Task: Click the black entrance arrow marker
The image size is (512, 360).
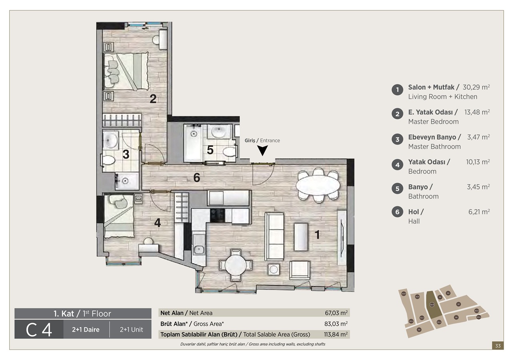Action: click(x=262, y=150)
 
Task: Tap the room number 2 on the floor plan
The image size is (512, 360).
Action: click(x=153, y=99)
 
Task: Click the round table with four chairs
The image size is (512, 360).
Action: click(x=236, y=265)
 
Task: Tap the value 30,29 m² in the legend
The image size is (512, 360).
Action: click(x=476, y=87)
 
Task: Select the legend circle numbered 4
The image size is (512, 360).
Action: click(x=397, y=164)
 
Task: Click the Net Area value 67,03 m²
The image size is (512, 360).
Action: click(x=336, y=313)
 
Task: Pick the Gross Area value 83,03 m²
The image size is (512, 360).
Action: click(x=336, y=324)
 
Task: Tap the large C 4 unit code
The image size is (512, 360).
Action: click(x=39, y=330)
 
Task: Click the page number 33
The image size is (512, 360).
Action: click(x=498, y=346)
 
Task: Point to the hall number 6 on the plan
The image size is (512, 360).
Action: click(x=196, y=178)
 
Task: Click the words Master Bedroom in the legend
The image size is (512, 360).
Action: click(x=433, y=122)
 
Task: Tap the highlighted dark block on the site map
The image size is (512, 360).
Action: click(x=432, y=305)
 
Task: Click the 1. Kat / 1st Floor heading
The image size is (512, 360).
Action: click(x=82, y=314)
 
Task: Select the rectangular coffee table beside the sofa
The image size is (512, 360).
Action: click(x=302, y=237)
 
